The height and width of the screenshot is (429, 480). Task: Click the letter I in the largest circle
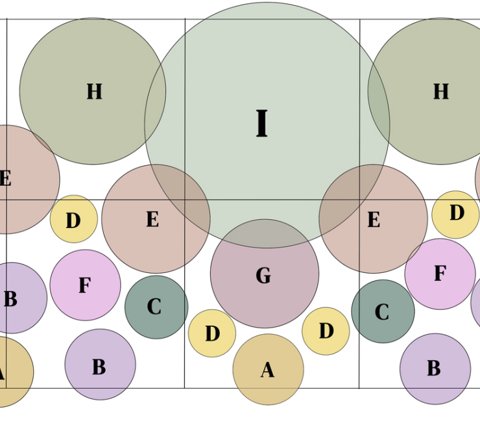261,123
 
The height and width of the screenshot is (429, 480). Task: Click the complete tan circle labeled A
269,377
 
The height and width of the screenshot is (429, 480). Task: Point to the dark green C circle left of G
156,307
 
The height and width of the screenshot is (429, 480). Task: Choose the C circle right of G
383,311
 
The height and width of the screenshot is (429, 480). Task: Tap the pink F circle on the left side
85,285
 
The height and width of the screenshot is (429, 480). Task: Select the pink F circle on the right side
440,274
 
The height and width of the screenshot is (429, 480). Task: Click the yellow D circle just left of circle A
212,333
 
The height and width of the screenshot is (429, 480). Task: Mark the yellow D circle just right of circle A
326,331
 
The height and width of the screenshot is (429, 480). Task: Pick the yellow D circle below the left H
73,220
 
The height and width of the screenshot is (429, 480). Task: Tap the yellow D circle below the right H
456,214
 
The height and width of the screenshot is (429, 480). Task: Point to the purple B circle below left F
100,365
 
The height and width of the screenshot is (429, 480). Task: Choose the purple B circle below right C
435,369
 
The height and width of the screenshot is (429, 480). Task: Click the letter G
263,276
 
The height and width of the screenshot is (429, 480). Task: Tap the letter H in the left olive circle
94,92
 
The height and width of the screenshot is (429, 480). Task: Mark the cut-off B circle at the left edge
16,298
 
